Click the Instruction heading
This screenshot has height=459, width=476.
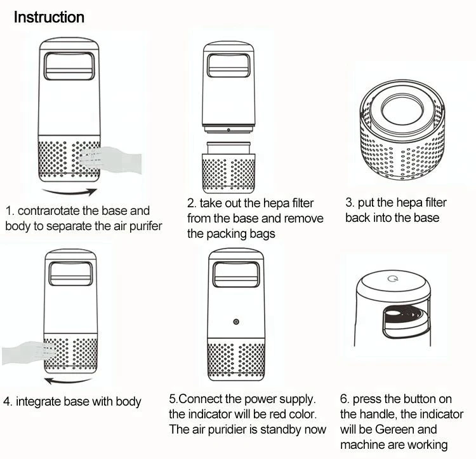49,17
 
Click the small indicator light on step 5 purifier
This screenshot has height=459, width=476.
236,322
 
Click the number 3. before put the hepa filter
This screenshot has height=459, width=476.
350,203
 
